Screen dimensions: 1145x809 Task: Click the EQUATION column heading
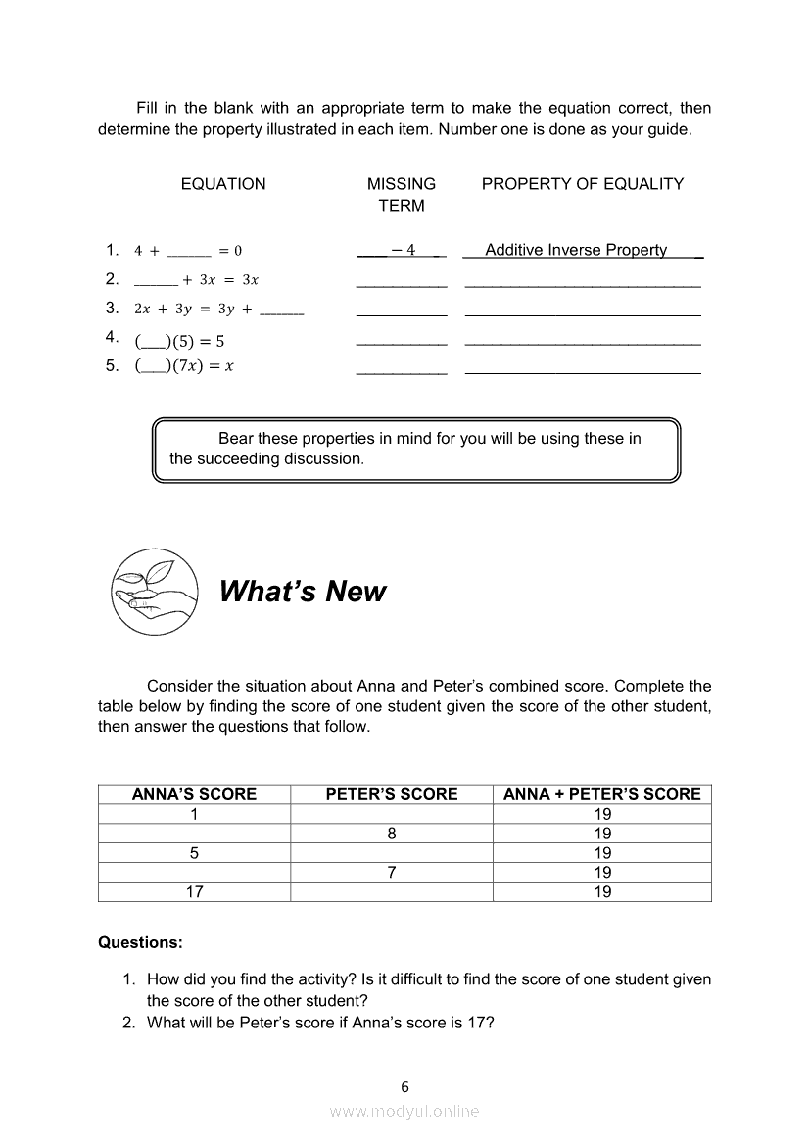pos(223,184)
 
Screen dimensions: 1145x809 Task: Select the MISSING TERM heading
pos(402,194)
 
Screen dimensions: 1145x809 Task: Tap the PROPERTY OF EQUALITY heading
pos(583,184)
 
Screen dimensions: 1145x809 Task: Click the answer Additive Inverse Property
pos(576,250)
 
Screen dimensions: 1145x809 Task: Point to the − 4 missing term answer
pos(403,250)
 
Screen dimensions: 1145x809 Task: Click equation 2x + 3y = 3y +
pos(217,309)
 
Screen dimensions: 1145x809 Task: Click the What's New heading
pos(303,592)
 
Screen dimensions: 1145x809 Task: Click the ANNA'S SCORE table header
pos(194,794)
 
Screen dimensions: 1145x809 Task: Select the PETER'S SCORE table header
pos(392,794)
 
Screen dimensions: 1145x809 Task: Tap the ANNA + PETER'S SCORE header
pos(602,794)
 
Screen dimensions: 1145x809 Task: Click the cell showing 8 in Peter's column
pos(392,834)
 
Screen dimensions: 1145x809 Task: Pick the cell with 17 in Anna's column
pos(194,891)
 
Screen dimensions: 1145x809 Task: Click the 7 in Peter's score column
pos(392,872)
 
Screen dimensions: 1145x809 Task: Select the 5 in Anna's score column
pos(194,853)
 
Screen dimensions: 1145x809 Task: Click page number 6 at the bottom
pos(404,1086)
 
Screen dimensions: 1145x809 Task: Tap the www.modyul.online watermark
pos(404,1111)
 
